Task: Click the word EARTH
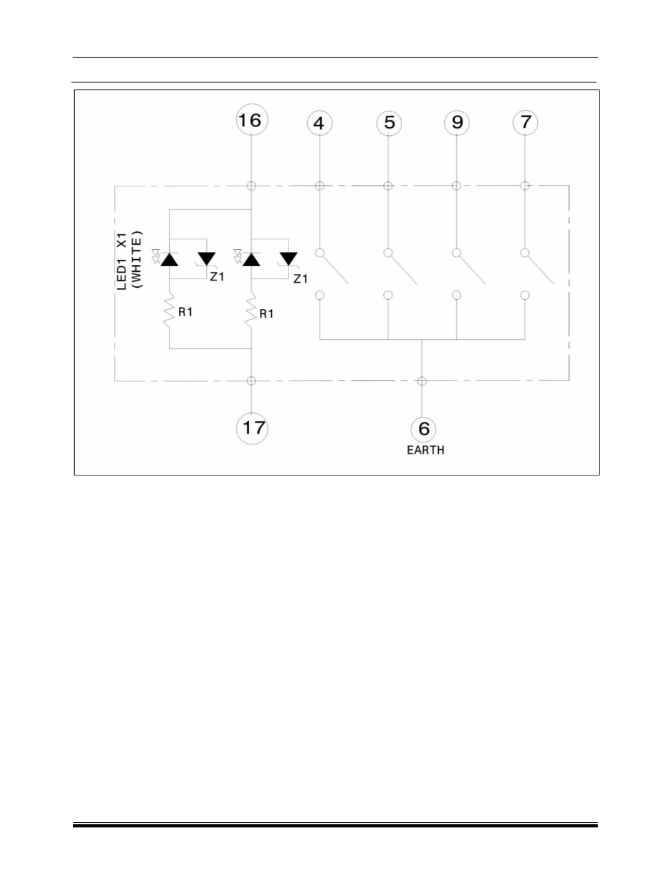(426, 450)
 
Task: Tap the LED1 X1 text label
(122, 261)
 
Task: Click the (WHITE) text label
(137, 259)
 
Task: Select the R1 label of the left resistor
(185, 312)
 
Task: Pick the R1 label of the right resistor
(266, 313)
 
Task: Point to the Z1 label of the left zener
(217, 277)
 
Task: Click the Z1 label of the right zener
(300, 279)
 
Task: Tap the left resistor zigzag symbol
(169, 310)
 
